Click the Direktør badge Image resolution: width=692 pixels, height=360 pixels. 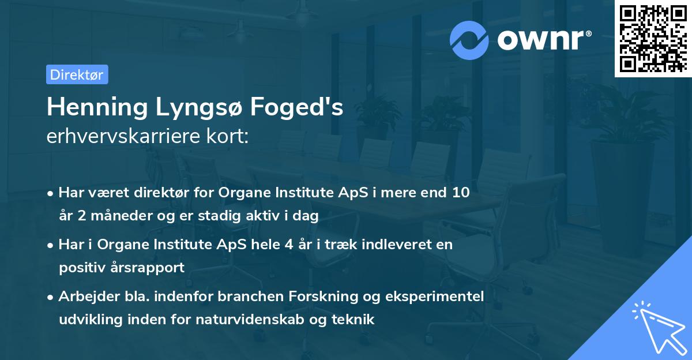77,74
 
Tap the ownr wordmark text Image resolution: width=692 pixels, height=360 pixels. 542,40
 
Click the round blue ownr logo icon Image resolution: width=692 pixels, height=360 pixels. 469,40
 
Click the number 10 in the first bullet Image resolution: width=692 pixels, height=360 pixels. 461,193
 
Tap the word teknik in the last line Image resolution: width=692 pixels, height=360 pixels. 355,320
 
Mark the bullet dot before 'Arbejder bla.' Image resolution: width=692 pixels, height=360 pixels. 51,297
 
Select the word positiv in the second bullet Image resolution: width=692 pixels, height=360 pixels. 79,268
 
